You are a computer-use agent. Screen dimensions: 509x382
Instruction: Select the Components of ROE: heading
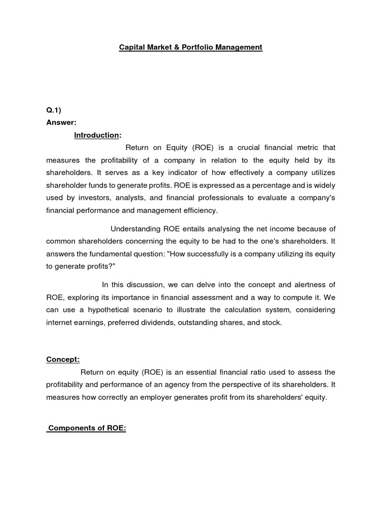pyautogui.click(x=87, y=428)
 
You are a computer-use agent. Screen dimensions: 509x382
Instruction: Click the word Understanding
pyautogui.click(x=134, y=229)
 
